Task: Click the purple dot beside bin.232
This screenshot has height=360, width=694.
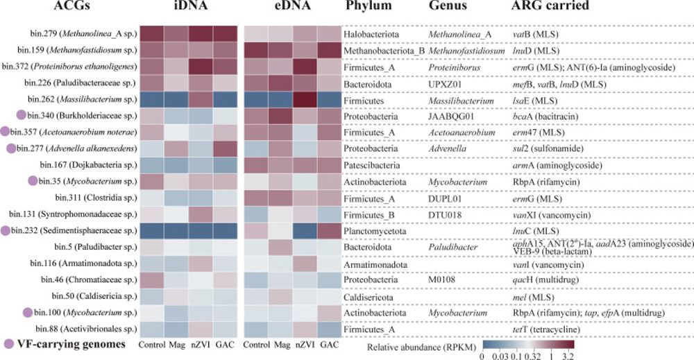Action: coord(6,230)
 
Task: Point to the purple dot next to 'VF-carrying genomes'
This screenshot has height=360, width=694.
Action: coord(8,344)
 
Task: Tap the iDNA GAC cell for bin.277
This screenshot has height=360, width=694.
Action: coord(221,148)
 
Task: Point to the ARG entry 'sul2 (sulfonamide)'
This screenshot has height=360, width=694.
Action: coord(540,148)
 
